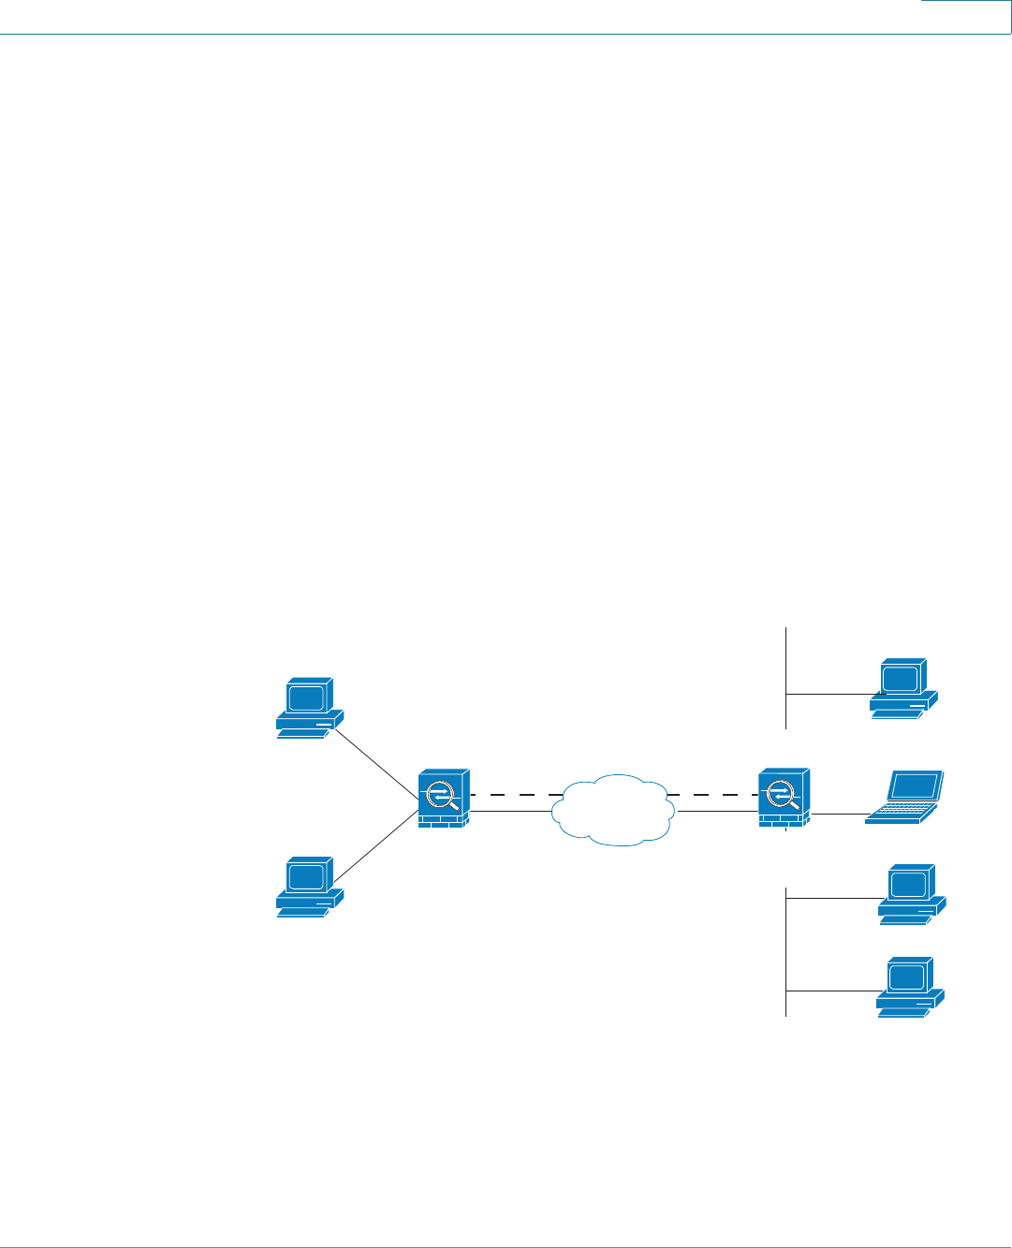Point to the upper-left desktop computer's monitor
click(x=307, y=697)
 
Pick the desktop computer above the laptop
click(x=903, y=687)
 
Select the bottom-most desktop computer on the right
click(x=910, y=986)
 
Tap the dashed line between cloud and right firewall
click(x=711, y=795)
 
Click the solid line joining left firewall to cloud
click(x=511, y=811)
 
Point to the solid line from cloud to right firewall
click(x=717, y=811)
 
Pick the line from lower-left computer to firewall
click(x=375, y=846)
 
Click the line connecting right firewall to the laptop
click(x=838, y=815)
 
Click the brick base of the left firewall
click(x=444, y=821)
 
